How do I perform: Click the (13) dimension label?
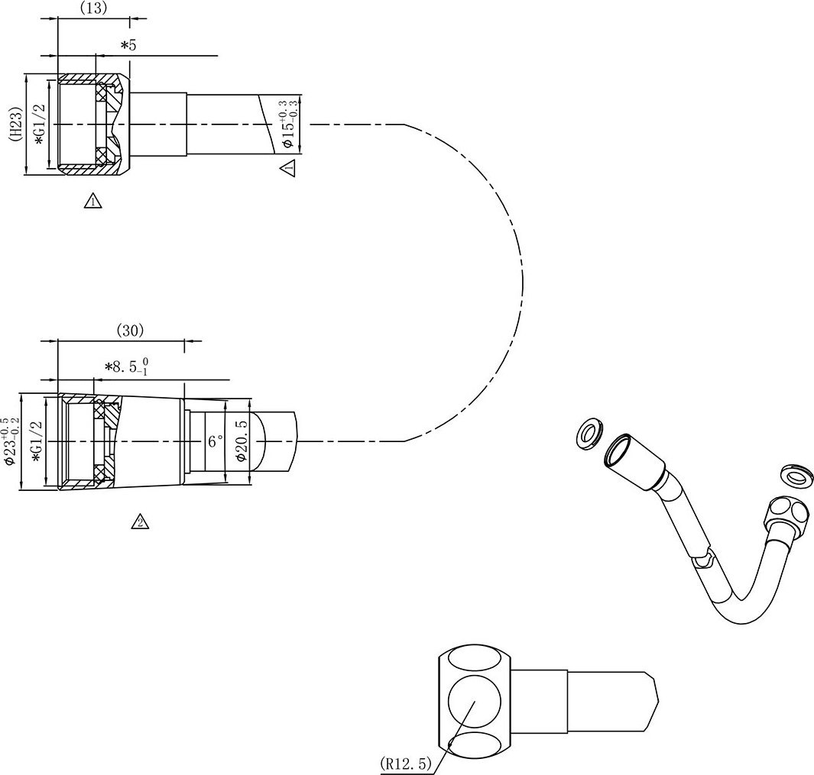click(94, 8)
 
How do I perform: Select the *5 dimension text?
click(128, 45)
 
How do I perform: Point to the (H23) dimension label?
click(17, 124)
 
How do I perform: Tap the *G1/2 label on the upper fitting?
click(40, 125)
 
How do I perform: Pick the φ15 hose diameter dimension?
click(287, 124)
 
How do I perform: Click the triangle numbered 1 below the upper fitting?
click(93, 200)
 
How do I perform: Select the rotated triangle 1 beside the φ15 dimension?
click(287, 167)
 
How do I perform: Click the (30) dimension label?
click(130, 331)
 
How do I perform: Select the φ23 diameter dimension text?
click(11, 441)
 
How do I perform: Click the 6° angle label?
click(216, 441)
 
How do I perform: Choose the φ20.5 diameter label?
click(240, 441)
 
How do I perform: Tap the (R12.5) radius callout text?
click(405, 763)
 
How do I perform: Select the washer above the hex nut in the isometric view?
click(795, 475)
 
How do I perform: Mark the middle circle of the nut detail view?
click(475, 702)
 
